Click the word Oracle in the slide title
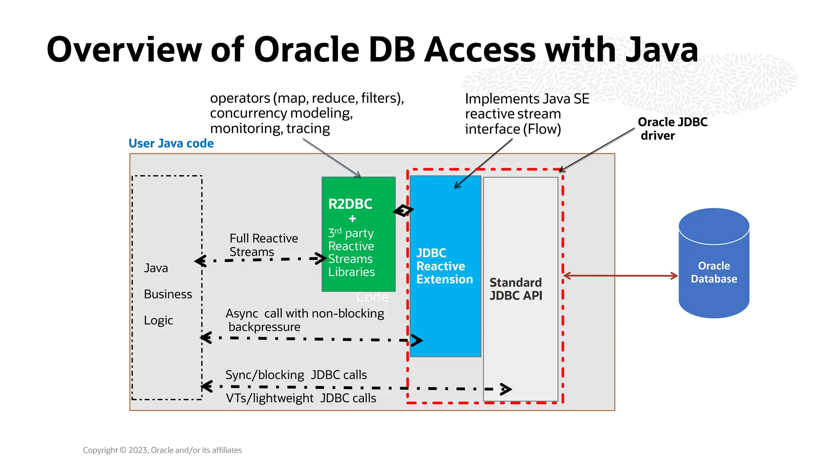coord(306,50)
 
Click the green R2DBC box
coord(358,234)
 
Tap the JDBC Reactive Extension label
coord(444,266)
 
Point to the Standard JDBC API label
coord(516,289)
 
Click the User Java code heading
coord(171,144)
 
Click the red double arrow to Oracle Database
coord(620,276)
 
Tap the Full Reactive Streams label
coord(263,245)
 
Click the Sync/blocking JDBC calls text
coord(296,375)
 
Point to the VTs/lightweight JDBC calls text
coord(301,398)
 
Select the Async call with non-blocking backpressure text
coord(304,320)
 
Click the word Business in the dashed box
coord(168,294)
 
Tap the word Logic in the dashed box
coord(158,321)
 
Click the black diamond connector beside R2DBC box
coord(403,210)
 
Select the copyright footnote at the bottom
coord(162,450)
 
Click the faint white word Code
coord(372,297)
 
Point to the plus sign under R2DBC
coord(352,219)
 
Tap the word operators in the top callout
coord(240,99)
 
